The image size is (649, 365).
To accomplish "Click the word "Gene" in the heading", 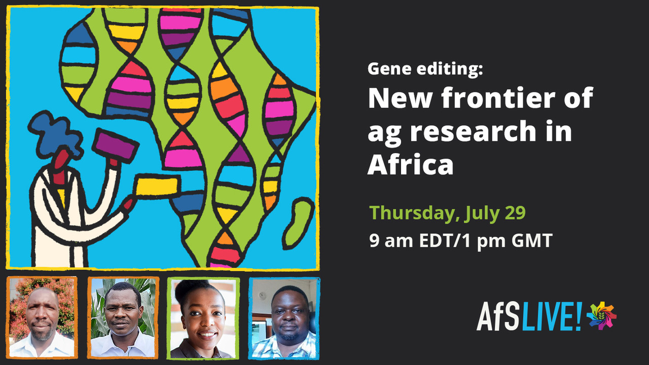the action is pyautogui.click(x=389, y=69).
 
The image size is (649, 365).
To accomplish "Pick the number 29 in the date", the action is pyautogui.click(x=515, y=212).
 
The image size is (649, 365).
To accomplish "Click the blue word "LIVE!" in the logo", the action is pyautogui.click(x=552, y=316).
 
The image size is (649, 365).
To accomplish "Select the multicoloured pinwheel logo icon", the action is pyautogui.click(x=601, y=316).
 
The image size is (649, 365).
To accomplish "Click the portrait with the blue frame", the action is pyautogui.click(x=284, y=318).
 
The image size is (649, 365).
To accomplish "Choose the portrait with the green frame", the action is pyautogui.click(x=203, y=318).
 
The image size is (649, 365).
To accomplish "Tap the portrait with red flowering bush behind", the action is pyautogui.click(x=42, y=317).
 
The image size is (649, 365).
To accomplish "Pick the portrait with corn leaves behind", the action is pyautogui.click(x=123, y=318).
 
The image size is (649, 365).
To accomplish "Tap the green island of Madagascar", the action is pyautogui.click(x=299, y=224).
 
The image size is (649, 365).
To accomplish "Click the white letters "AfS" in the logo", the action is pyautogui.click(x=499, y=316).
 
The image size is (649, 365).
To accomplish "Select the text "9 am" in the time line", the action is pyautogui.click(x=391, y=240).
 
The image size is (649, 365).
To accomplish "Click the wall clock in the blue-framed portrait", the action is pyautogui.click(x=262, y=296).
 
